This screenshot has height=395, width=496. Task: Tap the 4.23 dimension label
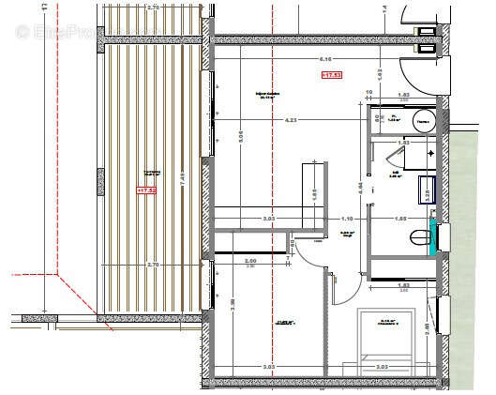(292, 119)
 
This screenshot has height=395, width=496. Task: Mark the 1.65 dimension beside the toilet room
(400, 218)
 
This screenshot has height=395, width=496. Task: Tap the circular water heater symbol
(422, 120)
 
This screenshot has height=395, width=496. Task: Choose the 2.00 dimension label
(249, 260)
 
